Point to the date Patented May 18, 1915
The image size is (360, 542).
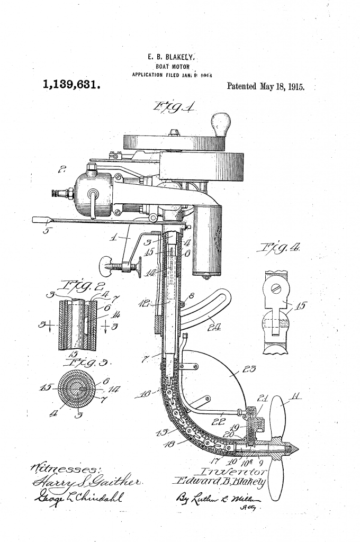[265, 86]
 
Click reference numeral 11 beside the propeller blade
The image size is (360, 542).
[289, 394]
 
